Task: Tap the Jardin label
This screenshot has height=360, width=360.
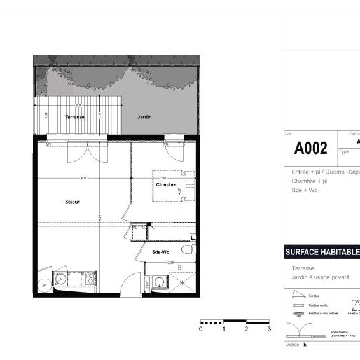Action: tap(144, 118)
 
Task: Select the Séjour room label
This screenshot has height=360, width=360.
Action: tap(72, 202)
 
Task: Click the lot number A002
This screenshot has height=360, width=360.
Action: tap(310, 149)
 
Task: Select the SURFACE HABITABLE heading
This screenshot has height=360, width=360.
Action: tap(322, 253)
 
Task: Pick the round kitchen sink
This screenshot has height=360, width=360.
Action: tap(61, 278)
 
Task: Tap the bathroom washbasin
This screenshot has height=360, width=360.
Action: tap(158, 282)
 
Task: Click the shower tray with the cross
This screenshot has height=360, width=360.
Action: tap(183, 282)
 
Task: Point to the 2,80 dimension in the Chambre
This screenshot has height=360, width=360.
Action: tap(163, 178)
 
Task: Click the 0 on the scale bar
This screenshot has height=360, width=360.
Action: tap(200, 329)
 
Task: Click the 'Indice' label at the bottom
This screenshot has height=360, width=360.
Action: tap(293, 344)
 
